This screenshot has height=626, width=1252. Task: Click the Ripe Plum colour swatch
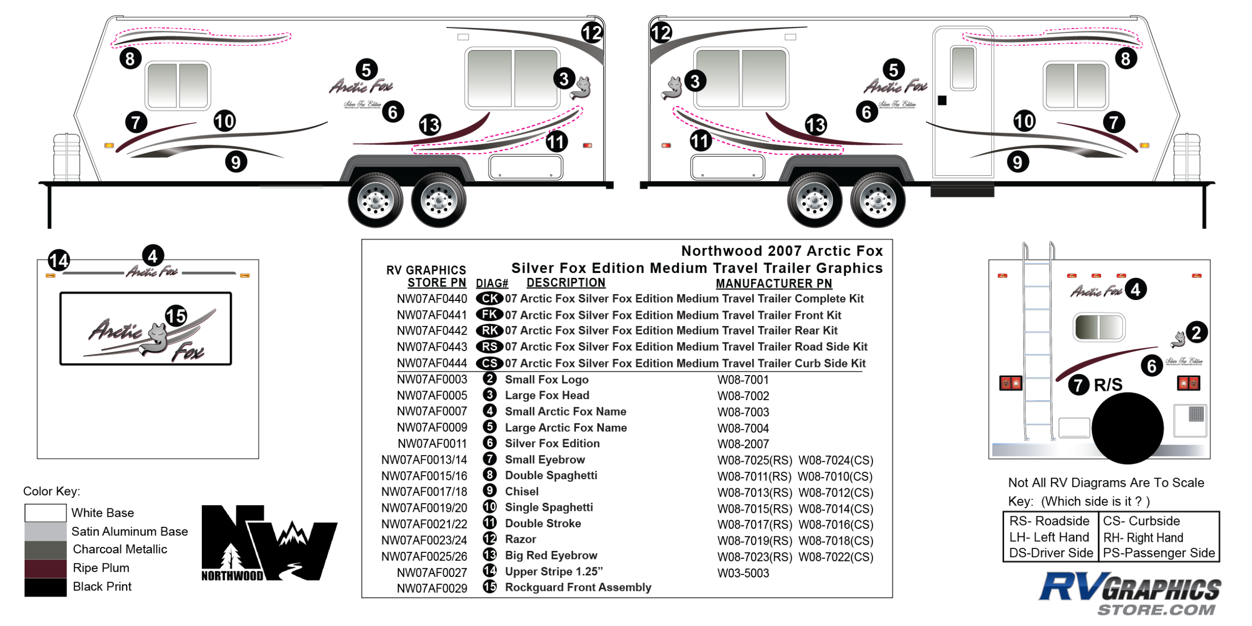45,568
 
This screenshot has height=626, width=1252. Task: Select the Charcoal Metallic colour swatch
45,550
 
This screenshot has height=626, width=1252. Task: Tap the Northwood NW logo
269,543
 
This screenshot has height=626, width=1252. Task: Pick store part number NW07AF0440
432,299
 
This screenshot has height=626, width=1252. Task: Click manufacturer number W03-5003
743,573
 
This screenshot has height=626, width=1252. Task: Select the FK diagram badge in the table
489,315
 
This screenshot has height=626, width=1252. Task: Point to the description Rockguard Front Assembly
578,587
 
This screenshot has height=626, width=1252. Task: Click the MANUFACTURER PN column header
773,283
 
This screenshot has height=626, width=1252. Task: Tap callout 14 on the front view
59,260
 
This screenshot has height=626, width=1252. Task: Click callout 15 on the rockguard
176,316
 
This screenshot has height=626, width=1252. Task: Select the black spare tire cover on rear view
1127,428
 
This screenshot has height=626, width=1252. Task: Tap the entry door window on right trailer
963,68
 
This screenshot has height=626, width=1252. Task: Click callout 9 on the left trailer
236,162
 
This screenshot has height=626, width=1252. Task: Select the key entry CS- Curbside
1141,521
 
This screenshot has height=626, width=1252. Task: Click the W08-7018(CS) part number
836,541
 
